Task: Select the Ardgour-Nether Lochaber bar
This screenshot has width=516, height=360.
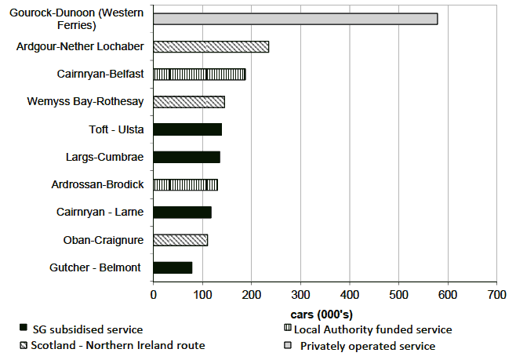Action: pyautogui.click(x=211, y=46)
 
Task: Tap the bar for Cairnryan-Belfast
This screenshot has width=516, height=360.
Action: pyautogui.click(x=199, y=75)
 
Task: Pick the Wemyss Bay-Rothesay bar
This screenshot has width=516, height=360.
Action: pyautogui.click(x=189, y=102)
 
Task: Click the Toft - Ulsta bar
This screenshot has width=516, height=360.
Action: pyautogui.click(x=187, y=129)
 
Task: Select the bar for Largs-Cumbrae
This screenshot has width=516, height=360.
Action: pyautogui.click(x=187, y=157)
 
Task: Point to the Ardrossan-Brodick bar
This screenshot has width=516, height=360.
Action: pyautogui.click(x=185, y=184)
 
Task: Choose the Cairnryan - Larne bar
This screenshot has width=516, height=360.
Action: pyautogui.click(x=182, y=212)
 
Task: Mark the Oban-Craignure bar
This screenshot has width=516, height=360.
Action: pyautogui.click(x=180, y=239)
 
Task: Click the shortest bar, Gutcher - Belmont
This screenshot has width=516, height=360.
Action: pyautogui.click(x=173, y=267)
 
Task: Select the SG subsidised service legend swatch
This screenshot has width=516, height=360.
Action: pyautogui.click(x=24, y=329)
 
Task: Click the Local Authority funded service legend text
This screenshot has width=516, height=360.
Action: pyautogui.click(x=376, y=329)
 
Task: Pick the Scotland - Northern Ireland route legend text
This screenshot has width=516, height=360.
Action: pyautogui.click(x=118, y=346)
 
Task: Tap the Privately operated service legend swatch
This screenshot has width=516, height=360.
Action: pyautogui.click(x=288, y=346)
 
